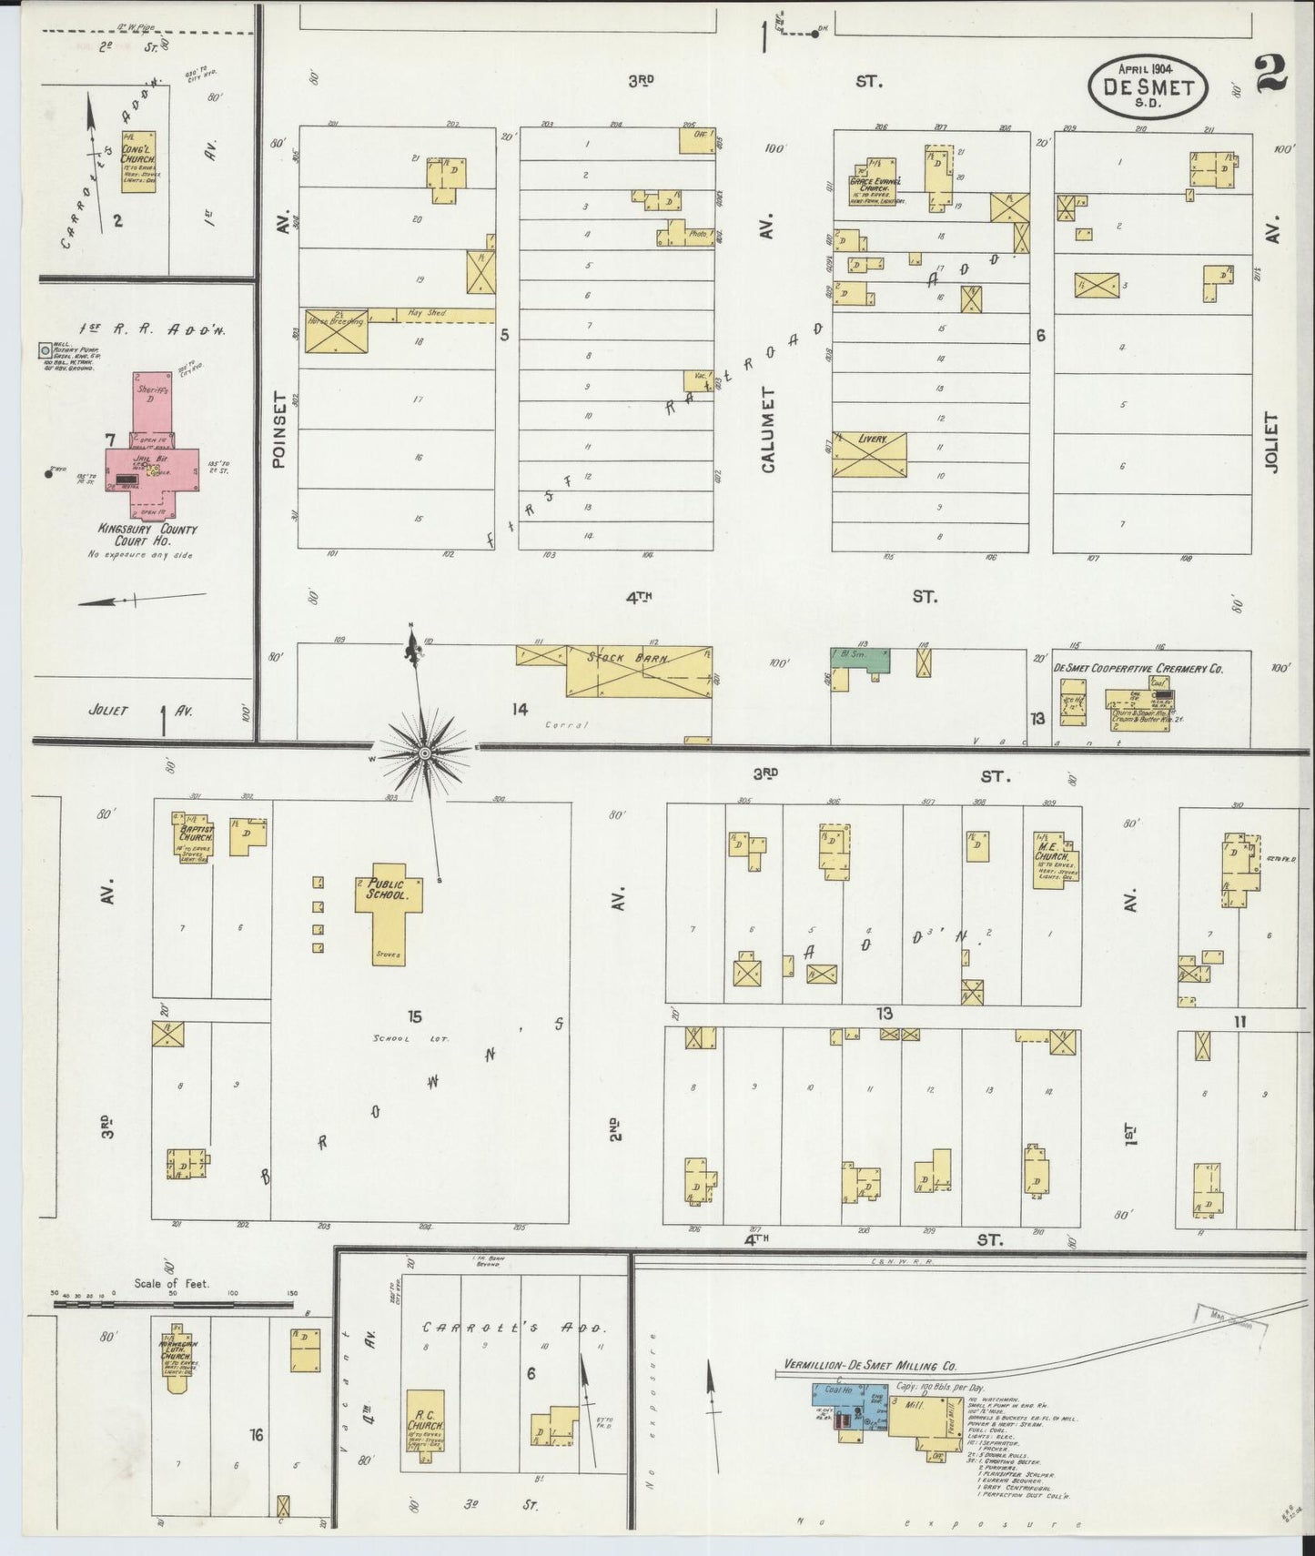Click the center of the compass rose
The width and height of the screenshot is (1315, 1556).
tap(424, 753)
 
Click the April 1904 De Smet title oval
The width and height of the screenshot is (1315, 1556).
tap(1149, 85)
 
